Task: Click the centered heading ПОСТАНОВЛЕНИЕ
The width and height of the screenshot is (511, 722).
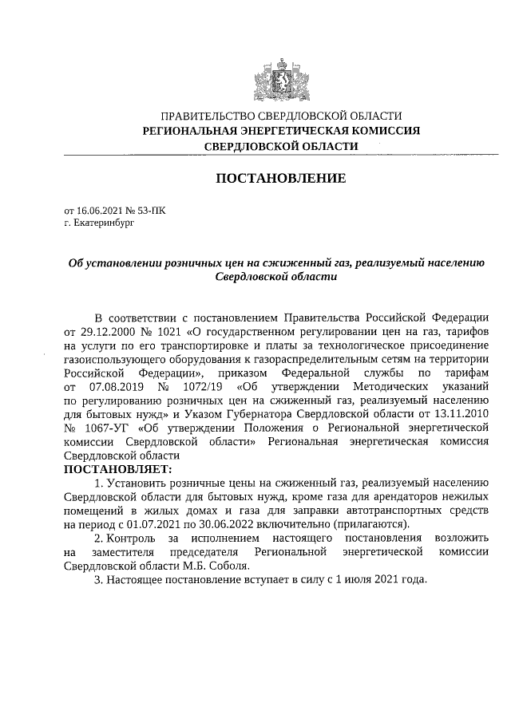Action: [x=281, y=178]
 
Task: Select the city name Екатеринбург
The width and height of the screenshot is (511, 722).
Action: [x=102, y=224]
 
